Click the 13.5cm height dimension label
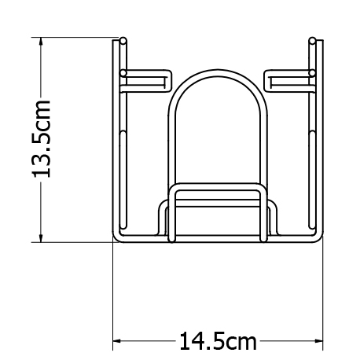coord(41,139)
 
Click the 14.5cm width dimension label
coord(218,341)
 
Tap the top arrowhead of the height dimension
coord(41,42)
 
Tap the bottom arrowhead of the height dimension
coord(41,237)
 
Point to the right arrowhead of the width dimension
coord(318,341)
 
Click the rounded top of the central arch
coord(218,73)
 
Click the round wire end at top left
coord(123,41)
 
